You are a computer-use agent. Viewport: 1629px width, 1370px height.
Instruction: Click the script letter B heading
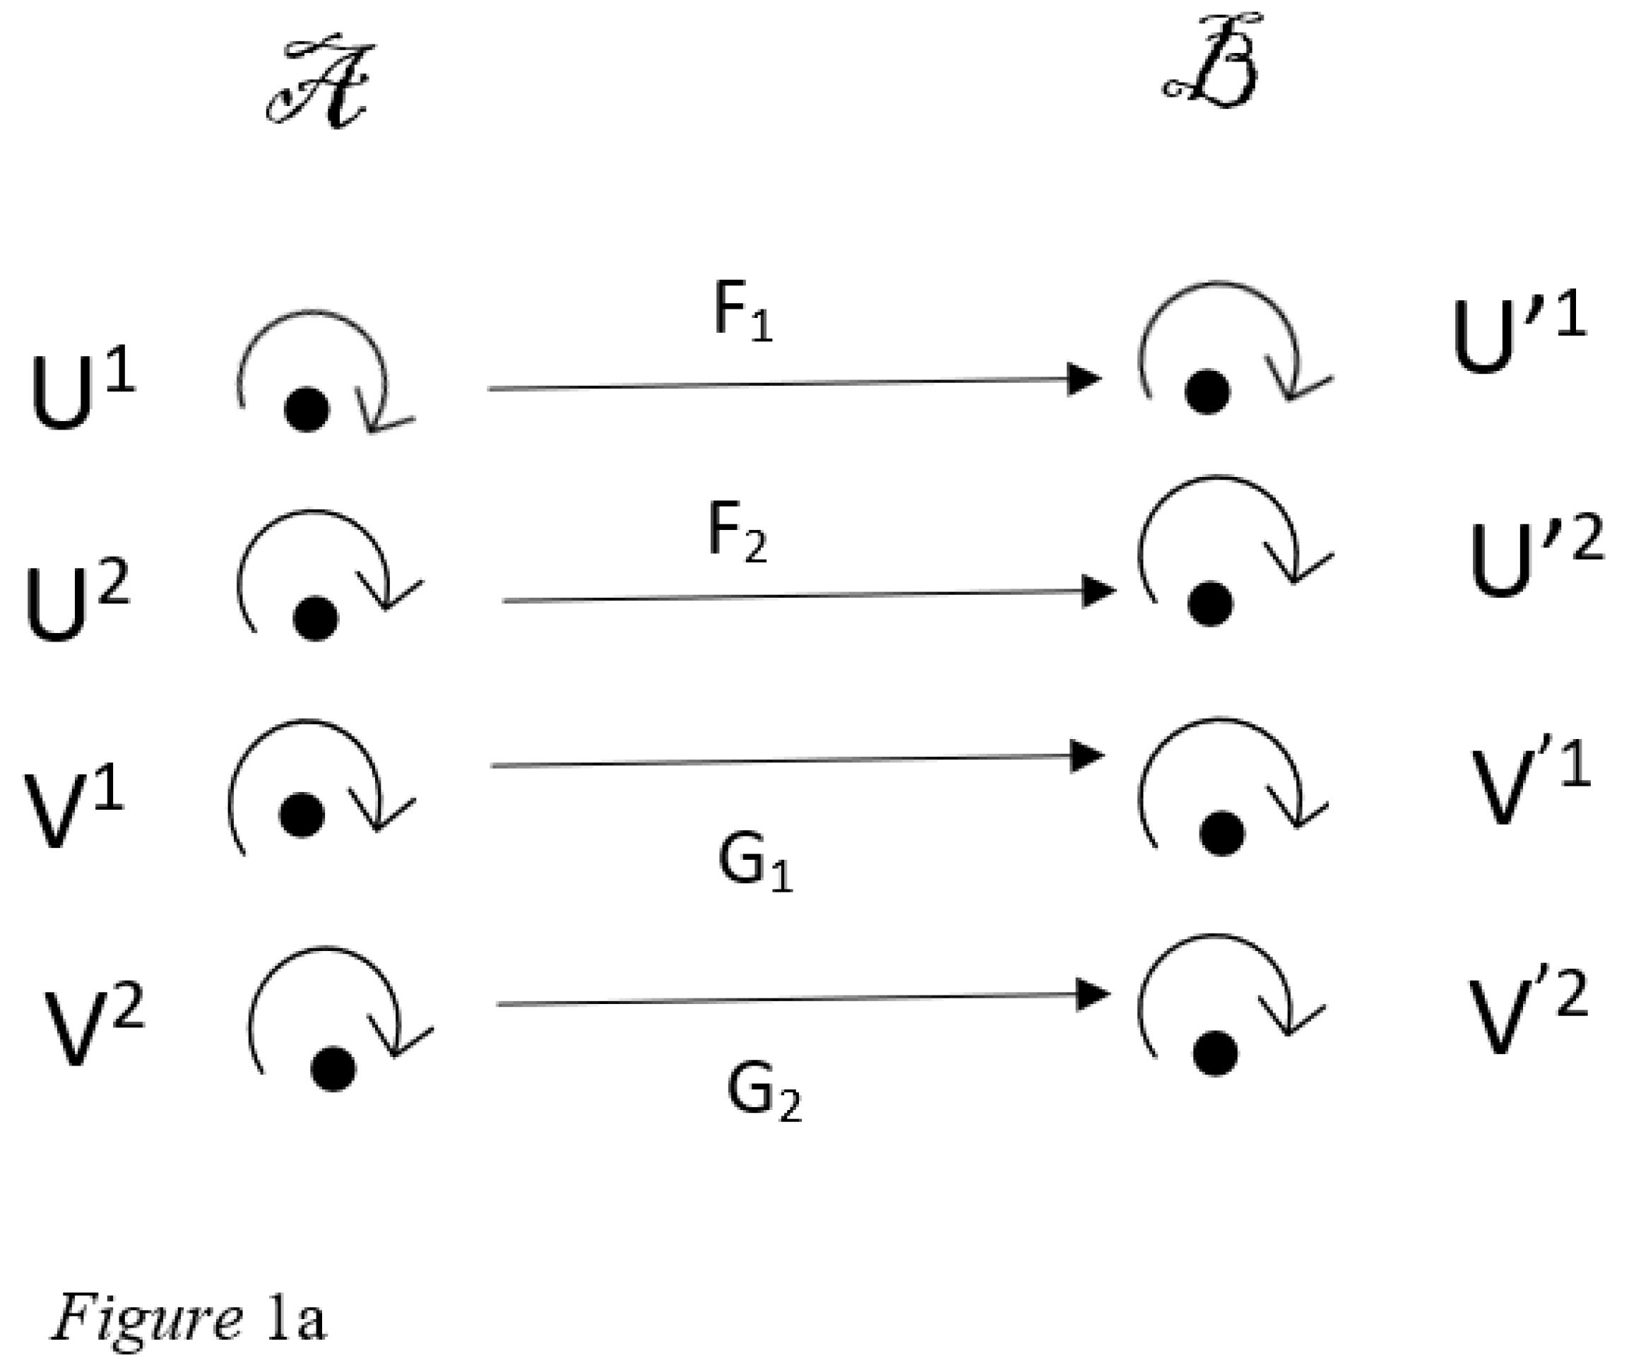(x=1209, y=62)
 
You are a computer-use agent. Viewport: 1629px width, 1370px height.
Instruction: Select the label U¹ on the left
(x=81, y=394)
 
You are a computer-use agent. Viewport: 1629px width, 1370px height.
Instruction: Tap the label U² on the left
(x=77, y=604)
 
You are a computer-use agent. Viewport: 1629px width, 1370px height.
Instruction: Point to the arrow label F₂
(x=737, y=534)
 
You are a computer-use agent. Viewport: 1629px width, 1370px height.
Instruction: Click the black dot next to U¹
(x=307, y=409)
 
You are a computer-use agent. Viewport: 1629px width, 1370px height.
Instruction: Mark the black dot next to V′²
(x=1216, y=1054)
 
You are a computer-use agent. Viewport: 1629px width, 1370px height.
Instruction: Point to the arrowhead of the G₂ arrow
(x=1091, y=995)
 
